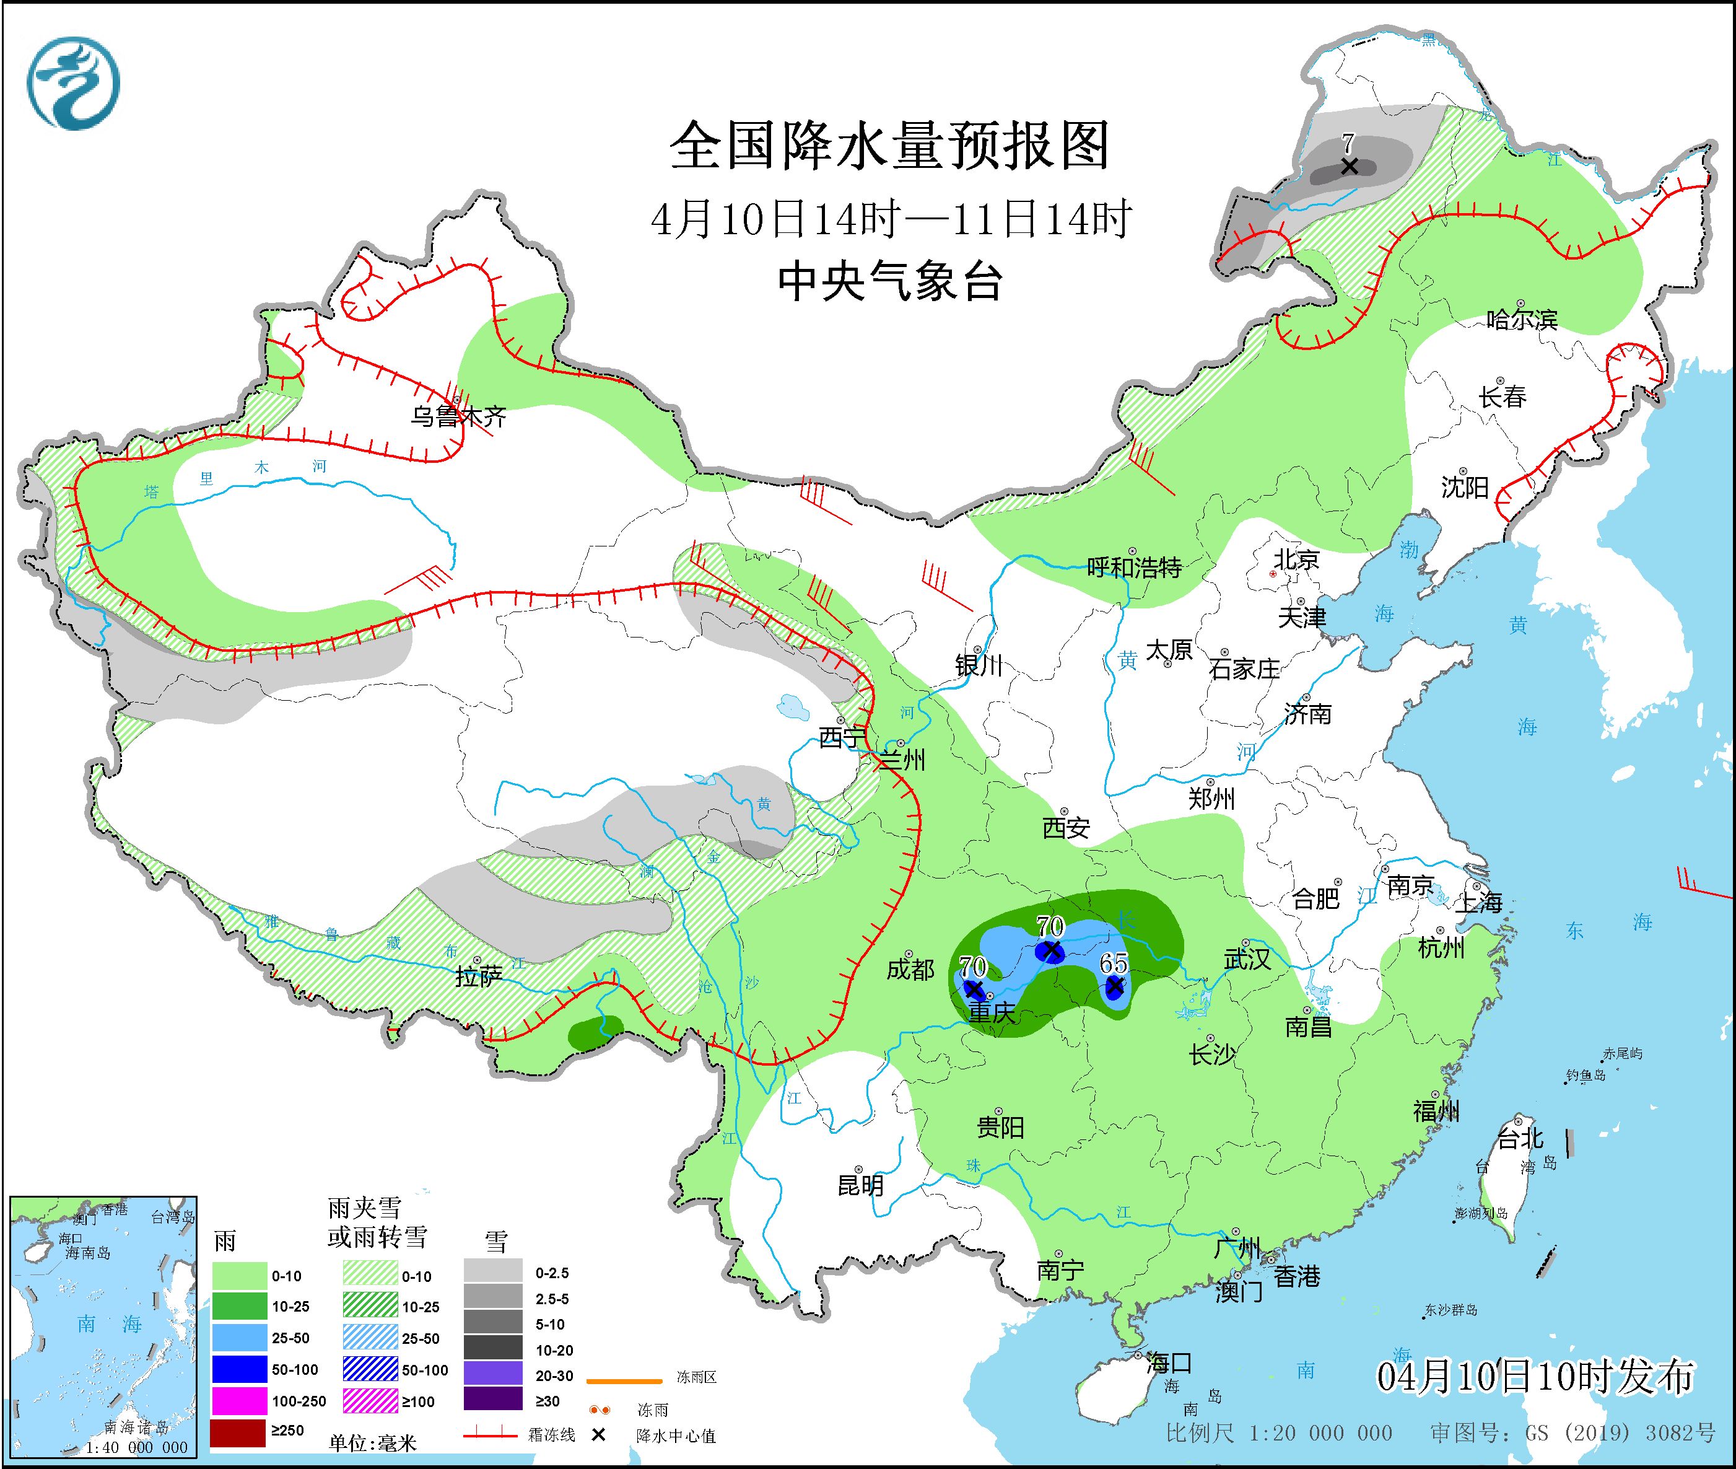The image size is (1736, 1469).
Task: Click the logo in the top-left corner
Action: point(73,83)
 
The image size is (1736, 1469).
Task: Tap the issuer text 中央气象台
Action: point(889,281)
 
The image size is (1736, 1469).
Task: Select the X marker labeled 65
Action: point(1114,986)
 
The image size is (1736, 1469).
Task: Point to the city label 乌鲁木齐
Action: point(458,416)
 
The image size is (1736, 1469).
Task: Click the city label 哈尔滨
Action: point(1522,320)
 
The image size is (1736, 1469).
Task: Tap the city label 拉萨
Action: point(479,977)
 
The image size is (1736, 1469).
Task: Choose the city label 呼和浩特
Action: point(1135,568)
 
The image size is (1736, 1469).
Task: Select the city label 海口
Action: point(1169,1363)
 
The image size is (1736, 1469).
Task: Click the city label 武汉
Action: point(1247,959)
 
